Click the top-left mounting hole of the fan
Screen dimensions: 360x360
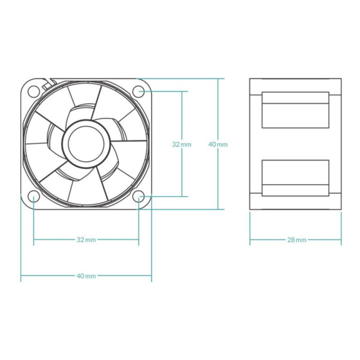[x=33, y=91]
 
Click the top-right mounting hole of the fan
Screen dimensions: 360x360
[x=139, y=91]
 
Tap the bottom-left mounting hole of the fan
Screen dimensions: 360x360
[x=33, y=197]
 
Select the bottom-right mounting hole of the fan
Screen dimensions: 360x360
[x=139, y=197]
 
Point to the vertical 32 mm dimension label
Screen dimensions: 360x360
[x=181, y=144]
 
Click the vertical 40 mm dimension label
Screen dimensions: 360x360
[x=218, y=144]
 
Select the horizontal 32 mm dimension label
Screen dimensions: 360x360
[x=86, y=239]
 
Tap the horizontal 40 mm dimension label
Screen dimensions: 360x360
[x=86, y=276]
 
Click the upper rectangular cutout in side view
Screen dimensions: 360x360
[x=295, y=110]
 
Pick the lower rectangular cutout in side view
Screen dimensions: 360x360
[x=295, y=178]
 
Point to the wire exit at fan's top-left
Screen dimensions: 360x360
[x=46, y=84]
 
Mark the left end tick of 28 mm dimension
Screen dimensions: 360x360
[x=250, y=239]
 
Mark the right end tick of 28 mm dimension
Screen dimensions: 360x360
[x=341, y=239]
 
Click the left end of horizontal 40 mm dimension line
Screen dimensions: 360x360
[x=21, y=276]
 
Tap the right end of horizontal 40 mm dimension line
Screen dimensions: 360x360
[x=152, y=276]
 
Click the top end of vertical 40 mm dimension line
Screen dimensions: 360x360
[x=218, y=78]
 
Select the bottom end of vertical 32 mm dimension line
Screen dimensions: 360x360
[x=181, y=197]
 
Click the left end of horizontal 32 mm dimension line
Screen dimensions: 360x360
[x=33, y=239]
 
